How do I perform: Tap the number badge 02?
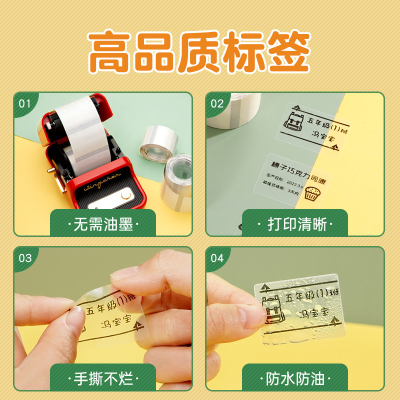point(217,104)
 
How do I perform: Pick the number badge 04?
point(217,258)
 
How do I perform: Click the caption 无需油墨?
point(103,223)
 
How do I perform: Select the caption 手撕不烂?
point(103,377)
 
